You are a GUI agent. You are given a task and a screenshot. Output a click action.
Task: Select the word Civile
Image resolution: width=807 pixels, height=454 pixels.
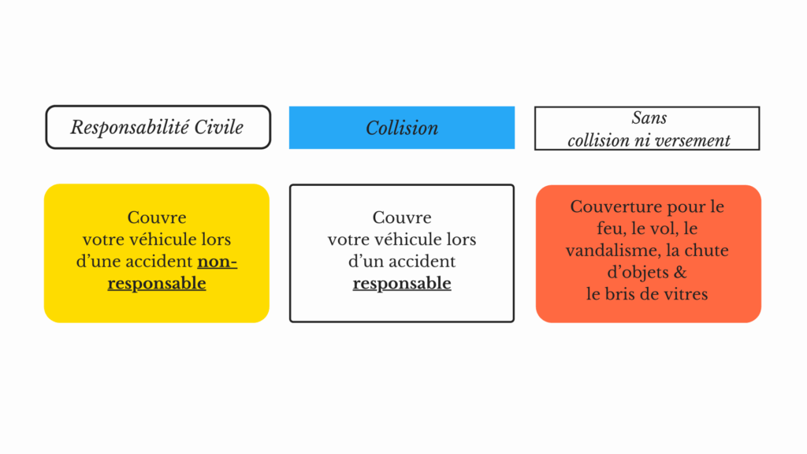(219, 127)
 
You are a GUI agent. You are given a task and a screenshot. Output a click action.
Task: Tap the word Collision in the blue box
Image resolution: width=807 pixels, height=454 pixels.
(402, 128)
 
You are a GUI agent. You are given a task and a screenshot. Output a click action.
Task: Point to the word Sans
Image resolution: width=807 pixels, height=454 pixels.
(649, 118)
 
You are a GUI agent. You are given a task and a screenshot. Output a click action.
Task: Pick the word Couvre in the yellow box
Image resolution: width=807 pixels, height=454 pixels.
(157, 218)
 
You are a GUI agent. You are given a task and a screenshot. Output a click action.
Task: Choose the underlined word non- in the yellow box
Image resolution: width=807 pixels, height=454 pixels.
(218, 262)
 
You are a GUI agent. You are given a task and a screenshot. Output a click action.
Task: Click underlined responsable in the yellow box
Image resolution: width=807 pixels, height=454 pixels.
(157, 284)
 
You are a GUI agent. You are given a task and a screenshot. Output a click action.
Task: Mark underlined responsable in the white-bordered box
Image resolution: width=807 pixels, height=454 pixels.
(402, 284)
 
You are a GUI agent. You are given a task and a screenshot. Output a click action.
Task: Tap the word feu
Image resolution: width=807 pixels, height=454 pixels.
(611, 228)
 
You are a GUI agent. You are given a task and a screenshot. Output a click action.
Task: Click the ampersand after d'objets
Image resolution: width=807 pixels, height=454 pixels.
(680, 272)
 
